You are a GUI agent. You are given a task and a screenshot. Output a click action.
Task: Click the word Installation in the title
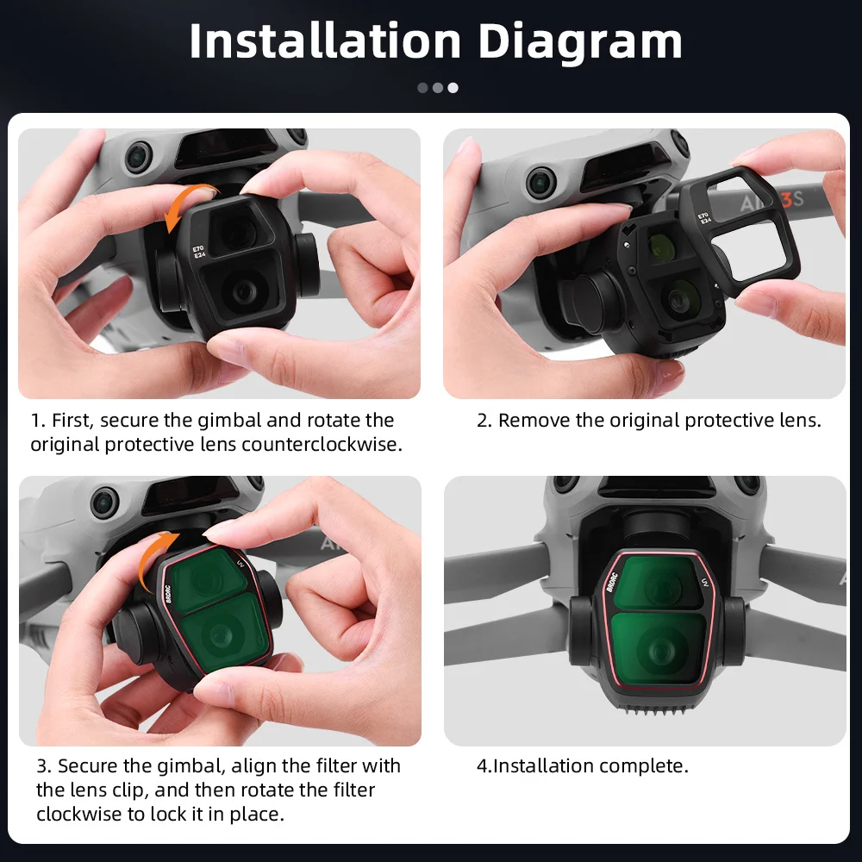coord(325,41)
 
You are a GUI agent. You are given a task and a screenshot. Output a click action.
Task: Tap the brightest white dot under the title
coord(453,87)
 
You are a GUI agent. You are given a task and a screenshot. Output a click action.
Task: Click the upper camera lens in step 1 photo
coord(234,230)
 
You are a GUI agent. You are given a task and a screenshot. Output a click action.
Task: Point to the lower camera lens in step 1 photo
coord(245,291)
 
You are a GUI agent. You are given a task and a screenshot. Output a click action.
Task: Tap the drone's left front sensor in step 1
coord(138,156)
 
